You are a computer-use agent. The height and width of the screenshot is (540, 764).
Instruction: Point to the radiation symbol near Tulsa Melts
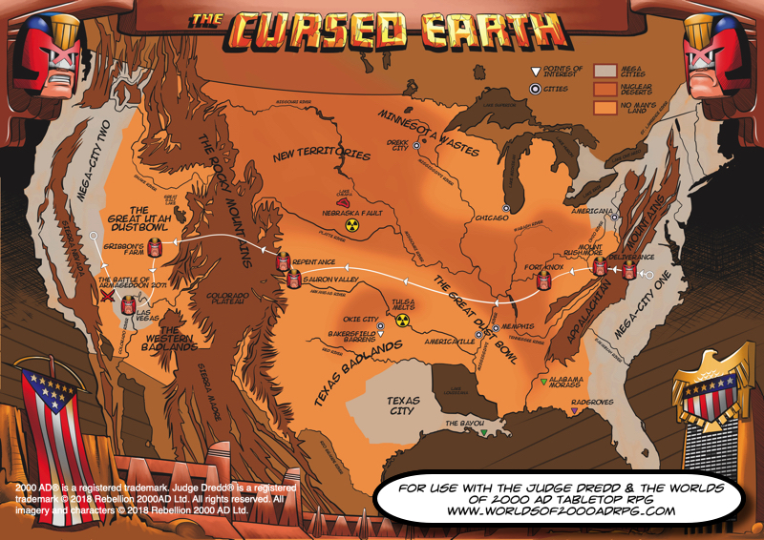pos(402,321)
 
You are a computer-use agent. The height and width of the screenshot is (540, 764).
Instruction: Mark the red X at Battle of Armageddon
pos(108,298)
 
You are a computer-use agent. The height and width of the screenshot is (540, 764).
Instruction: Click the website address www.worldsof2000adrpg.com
pos(560,510)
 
